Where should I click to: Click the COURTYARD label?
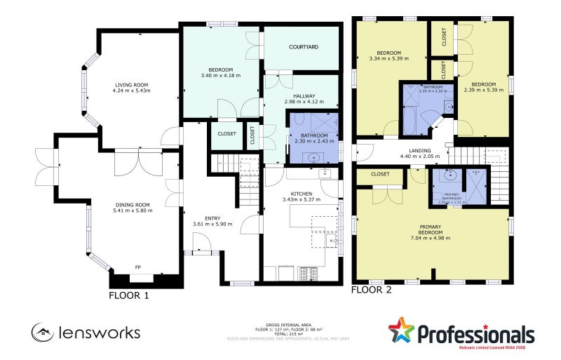click(x=304, y=47)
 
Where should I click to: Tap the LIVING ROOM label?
click(x=133, y=85)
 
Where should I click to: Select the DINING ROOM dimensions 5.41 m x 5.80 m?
click(x=133, y=211)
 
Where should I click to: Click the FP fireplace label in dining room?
click(x=138, y=267)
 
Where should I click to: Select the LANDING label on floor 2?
click(x=419, y=150)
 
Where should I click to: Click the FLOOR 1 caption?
click(x=129, y=295)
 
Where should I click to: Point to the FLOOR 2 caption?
click(x=372, y=289)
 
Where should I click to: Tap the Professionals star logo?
click(x=403, y=331)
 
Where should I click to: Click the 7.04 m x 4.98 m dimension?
click(x=431, y=238)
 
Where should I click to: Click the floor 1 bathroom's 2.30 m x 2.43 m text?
click(x=313, y=141)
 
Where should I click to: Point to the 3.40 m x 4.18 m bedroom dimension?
click(x=220, y=75)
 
